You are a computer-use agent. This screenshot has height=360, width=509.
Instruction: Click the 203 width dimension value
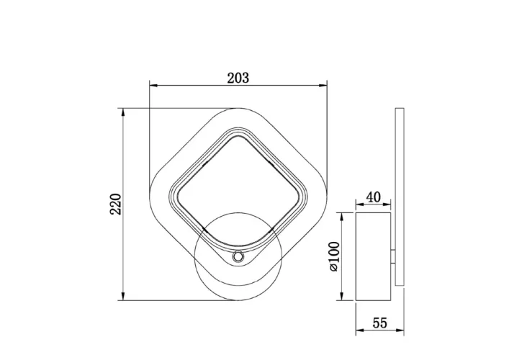[238, 78]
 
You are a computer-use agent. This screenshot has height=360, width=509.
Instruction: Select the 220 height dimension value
[116, 204]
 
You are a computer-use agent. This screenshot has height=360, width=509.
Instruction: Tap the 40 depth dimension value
[374, 197]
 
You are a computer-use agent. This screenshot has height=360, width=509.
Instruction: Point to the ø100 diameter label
[334, 256]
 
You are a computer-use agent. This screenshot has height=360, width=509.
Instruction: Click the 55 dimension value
[379, 323]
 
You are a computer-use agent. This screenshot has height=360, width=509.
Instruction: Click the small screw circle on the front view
[238, 257]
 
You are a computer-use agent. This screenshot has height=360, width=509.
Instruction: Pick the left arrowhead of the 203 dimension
[153, 86]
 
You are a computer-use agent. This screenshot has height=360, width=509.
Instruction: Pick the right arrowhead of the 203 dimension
[323, 86]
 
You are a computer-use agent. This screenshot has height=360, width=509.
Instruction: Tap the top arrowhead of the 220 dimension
[122, 112]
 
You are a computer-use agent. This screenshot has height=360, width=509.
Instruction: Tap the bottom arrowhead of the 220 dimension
[122, 296]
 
